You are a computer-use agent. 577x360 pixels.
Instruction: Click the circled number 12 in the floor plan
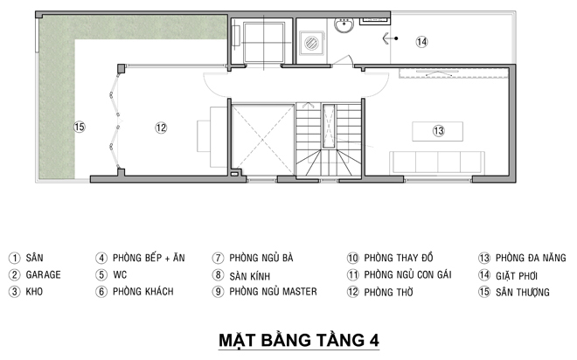click(161, 128)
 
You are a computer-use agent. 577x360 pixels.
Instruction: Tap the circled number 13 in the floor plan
click(438, 131)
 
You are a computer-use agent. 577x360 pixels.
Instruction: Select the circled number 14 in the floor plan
click(421, 42)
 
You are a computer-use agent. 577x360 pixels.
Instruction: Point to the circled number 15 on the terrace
click(79, 127)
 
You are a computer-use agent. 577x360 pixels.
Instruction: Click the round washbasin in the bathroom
click(344, 25)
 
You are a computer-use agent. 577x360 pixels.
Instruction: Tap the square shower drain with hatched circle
click(312, 43)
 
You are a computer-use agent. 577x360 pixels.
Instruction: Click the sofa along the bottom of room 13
click(437, 163)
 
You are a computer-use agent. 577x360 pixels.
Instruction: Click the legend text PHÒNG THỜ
click(388, 293)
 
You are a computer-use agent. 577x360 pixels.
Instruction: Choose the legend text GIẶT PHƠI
click(517, 275)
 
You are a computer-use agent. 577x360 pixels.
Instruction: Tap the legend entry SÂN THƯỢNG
click(523, 293)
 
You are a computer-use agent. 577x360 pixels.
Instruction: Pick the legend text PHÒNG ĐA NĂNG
click(531, 258)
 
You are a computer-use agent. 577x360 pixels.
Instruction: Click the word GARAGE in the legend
click(43, 274)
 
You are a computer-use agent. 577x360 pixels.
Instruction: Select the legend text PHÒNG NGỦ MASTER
click(273, 292)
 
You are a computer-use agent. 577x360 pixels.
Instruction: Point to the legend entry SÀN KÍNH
click(250, 276)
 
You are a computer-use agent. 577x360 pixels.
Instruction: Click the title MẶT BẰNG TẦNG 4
click(299, 340)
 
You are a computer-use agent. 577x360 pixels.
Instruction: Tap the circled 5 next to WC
click(101, 274)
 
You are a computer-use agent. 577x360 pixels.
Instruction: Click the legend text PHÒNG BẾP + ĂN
click(149, 258)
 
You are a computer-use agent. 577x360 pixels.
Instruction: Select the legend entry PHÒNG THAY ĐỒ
click(399, 258)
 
